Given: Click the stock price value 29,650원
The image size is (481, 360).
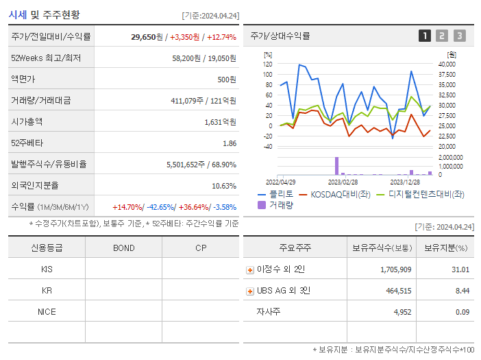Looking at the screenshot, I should click(x=147, y=37).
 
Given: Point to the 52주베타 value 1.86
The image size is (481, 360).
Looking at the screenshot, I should click(x=230, y=143).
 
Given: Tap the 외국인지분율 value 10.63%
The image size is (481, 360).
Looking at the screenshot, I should click(x=224, y=186).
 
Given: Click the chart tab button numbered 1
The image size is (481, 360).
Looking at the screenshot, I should click(x=425, y=36).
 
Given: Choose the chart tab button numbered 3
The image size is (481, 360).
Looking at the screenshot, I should click(x=459, y=36).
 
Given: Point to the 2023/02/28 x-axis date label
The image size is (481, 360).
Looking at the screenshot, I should click(x=343, y=182).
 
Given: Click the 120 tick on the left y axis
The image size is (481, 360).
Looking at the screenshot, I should click(x=267, y=64).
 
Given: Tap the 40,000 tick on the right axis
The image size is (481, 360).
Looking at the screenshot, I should click(x=446, y=64).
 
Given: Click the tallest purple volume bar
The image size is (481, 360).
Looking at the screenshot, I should click(x=336, y=166).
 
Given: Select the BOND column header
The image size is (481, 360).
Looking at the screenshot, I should click(x=123, y=248).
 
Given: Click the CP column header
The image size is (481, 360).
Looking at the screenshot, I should click(x=201, y=248).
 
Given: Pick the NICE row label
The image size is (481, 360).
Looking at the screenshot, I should click(x=47, y=312).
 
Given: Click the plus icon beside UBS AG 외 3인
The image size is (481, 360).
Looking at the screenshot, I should click(x=250, y=291).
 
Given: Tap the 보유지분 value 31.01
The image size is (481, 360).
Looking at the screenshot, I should click(x=460, y=269).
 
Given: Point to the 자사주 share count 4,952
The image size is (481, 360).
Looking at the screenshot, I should click(x=398, y=312).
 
